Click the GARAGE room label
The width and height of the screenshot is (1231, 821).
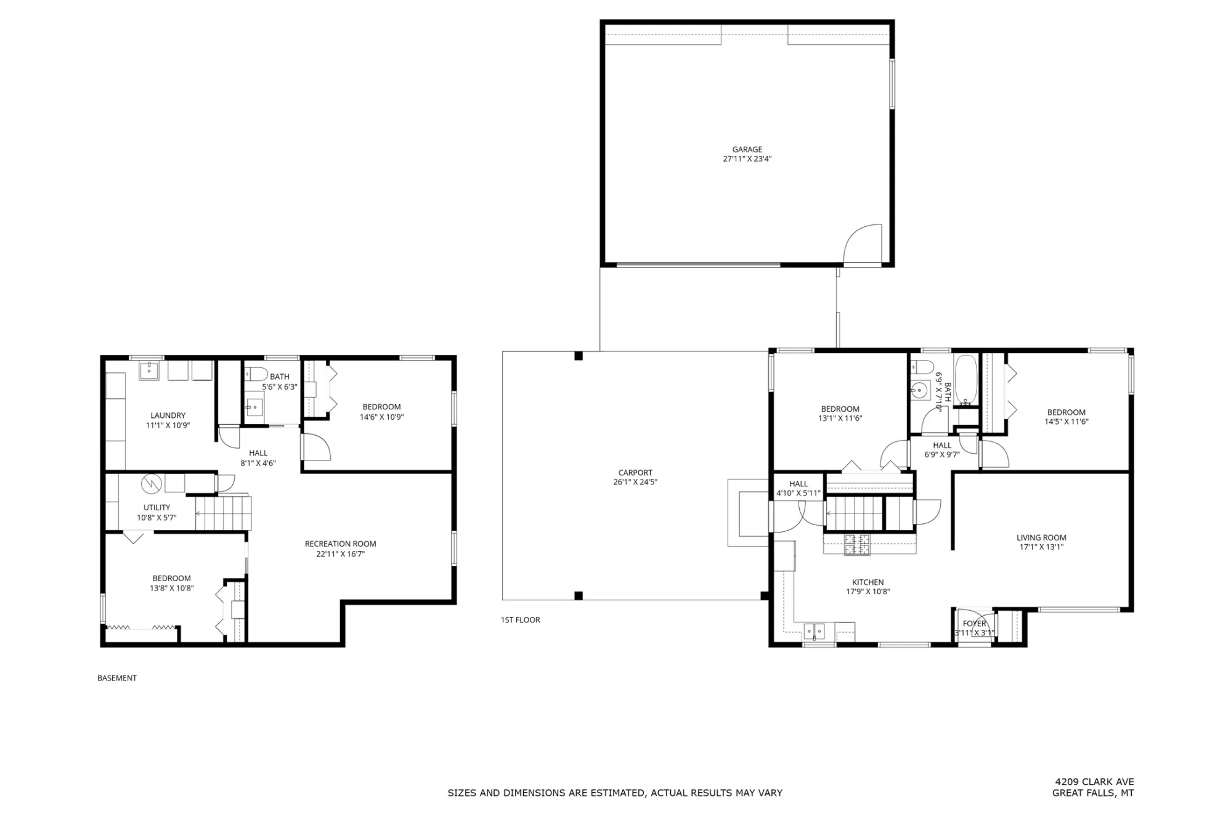pos(747,149)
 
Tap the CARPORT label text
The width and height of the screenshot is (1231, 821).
pos(635,473)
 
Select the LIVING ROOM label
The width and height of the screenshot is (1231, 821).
pos(1041,537)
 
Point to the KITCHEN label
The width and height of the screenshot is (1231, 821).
pos(867,582)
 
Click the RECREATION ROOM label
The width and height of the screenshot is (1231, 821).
pos(340,544)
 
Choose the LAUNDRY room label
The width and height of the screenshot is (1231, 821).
pos(168,415)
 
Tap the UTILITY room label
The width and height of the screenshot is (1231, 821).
pos(156,507)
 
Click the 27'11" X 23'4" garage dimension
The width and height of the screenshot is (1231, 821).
pos(747,159)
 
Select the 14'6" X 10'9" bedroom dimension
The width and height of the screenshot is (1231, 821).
pos(381,417)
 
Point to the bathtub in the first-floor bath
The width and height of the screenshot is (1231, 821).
pos(965,380)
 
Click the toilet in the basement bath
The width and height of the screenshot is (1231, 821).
pos(256,374)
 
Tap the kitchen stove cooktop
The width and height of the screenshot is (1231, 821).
pos(857,544)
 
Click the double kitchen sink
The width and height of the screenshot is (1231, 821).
pos(814,631)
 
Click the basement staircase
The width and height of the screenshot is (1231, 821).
pos(223,513)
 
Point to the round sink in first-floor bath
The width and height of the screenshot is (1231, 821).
pos(919,390)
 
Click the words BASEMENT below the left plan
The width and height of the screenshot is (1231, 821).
pos(117,678)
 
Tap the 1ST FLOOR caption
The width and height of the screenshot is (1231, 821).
pos(520,620)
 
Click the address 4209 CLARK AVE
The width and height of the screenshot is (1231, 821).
pos(1094,782)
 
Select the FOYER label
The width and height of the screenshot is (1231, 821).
pos(974,623)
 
